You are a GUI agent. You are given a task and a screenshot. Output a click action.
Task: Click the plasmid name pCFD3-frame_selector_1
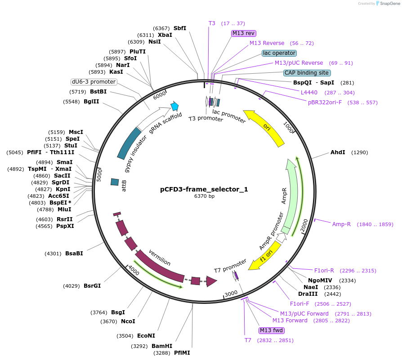pyautogui.click(x=204, y=189)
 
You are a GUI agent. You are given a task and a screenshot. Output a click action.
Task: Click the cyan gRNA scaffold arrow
pyautogui.click(x=174, y=107)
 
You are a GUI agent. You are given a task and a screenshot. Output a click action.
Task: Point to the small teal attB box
pyautogui.click(x=115, y=182)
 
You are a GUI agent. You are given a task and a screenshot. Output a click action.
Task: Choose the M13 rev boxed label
pyautogui.click(x=244, y=33)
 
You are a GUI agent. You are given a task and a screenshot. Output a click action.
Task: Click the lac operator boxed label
pyautogui.click(x=279, y=53)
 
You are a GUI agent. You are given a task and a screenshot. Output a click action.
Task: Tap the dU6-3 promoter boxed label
pyautogui.click(x=94, y=82)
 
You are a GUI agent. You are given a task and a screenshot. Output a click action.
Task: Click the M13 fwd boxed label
pyautogui.click(x=272, y=330)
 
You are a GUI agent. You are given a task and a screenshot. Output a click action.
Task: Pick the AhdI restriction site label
pyautogui.click(x=338, y=152)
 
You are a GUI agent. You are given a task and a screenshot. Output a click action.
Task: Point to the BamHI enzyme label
pyautogui.click(x=162, y=346)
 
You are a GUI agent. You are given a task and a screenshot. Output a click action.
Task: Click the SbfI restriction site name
pyautogui.click(x=180, y=28)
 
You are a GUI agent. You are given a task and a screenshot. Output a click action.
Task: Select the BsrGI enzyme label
pyautogui.click(x=92, y=285)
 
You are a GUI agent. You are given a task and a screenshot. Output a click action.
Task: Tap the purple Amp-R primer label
pyautogui.click(x=341, y=224)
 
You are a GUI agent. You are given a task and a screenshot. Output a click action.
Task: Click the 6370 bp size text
pyautogui.click(x=204, y=196)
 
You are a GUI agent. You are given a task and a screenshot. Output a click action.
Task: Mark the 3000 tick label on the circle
pyautogui.click(x=231, y=294)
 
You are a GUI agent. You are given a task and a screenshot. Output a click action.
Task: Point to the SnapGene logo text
pyautogui.click(x=389, y=4)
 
